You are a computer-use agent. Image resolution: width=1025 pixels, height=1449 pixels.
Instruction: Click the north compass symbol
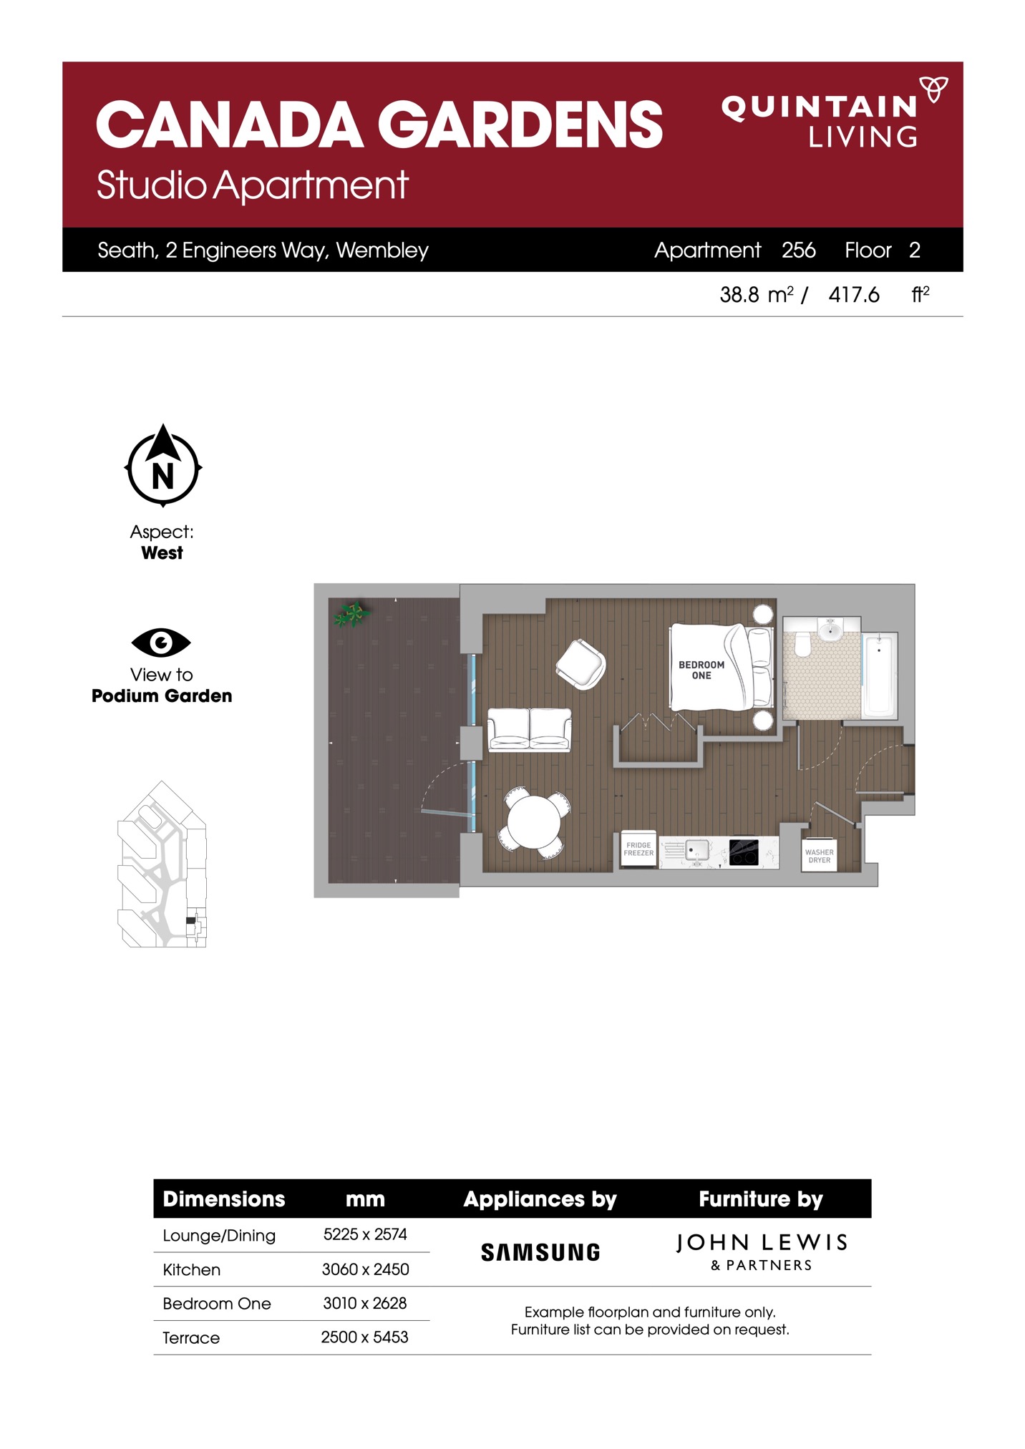(163, 466)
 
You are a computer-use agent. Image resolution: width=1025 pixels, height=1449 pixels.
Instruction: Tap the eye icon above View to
(161, 643)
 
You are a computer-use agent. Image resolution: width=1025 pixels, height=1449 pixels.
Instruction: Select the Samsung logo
(540, 1252)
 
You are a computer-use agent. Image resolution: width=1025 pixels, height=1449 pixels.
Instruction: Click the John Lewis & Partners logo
(762, 1252)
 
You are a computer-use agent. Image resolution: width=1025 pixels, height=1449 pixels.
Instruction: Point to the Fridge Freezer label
(638, 849)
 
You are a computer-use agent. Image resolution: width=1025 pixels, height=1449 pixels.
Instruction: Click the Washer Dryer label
(820, 856)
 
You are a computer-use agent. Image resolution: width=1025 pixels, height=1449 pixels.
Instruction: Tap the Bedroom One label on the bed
(701, 670)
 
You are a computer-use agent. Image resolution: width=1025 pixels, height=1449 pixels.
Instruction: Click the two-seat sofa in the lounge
(530, 729)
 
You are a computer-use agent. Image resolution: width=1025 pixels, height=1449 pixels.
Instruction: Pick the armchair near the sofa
(581, 665)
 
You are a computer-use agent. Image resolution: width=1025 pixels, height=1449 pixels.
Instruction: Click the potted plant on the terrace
(351, 614)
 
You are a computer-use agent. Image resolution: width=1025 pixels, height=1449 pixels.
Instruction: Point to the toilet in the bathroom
(802, 643)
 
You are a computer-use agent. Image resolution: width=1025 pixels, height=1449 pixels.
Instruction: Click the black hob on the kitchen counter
(744, 852)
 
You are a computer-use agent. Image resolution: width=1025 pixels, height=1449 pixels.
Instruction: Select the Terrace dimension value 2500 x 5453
(364, 1337)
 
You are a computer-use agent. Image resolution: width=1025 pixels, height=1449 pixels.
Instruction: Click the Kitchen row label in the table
(191, 1269)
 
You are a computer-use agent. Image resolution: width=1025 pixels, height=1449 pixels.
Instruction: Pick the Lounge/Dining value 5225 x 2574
(365, 1234)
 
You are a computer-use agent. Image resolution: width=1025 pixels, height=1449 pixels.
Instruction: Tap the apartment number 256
(799, 250)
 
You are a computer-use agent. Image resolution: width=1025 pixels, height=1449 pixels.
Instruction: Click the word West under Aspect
(162, 552)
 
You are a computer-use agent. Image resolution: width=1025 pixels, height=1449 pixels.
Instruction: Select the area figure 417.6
(854, 295)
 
